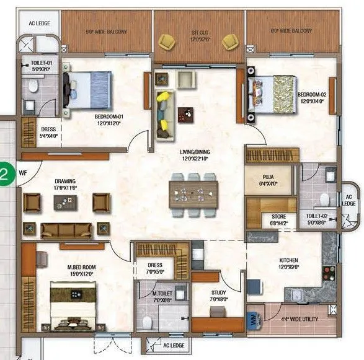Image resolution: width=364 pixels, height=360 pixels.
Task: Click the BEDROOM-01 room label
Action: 109,116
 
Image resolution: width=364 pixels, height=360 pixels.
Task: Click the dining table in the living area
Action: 193,193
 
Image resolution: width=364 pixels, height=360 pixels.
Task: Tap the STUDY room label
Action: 218,293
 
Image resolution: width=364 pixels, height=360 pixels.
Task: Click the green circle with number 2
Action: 4,173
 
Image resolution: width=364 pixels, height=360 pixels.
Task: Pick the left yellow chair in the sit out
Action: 167,42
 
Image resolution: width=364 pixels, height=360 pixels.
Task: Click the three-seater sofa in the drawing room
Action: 66,230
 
